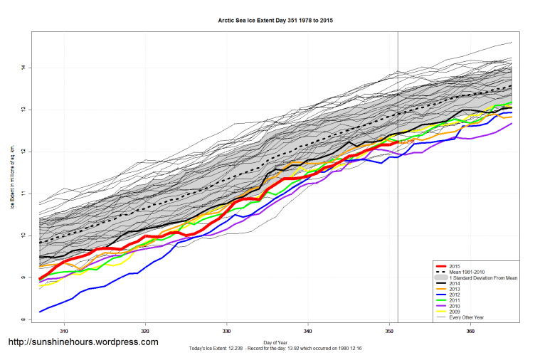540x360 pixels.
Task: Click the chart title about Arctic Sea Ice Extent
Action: click(275, 21)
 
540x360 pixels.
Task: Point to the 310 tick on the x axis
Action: click(65, 332)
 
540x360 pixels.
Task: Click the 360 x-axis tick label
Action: click(470, 332)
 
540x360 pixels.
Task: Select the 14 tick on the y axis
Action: click(23, 68)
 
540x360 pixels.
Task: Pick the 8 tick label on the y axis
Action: click(23, 319)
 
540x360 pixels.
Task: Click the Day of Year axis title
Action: click(275, 342)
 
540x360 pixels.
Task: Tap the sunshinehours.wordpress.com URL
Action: click(83, 342)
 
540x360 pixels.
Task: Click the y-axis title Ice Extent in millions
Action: click(12, 178)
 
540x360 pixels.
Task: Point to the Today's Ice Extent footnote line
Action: click(275, 348)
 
